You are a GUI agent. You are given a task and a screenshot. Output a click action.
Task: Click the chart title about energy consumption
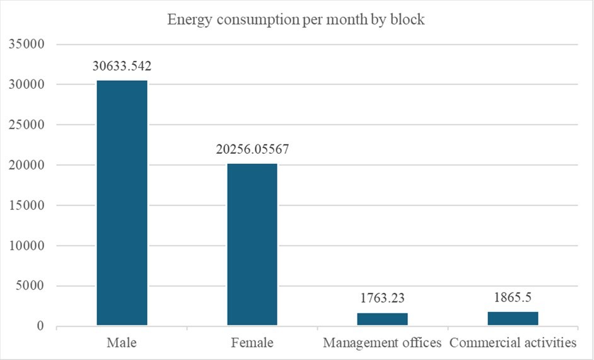pyautogui.click(x=296, y=20)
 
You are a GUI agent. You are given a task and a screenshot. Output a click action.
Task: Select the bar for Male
pyautogui.click(x=122, y=203)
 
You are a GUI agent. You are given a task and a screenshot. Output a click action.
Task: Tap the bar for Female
pyautogui.click(x=252, y=245)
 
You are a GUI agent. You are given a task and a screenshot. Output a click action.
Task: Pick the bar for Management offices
pyautogui.click(x=382, y=319)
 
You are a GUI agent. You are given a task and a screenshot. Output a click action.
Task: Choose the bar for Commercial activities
pyautogui.click(x=513, y=318)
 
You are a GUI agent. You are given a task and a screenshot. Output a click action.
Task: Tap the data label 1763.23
pyautogui.click(x=382, y=299)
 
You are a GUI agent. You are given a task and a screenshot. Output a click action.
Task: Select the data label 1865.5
pyautogui.click(x=513, y=298)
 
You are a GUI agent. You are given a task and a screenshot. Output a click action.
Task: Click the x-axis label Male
pyautogui.click(x=122, y=344)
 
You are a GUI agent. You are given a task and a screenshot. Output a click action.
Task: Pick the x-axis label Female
pyautogui.click(x=252, y=344)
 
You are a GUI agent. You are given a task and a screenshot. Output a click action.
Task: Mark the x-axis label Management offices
pyautogui.click(x=382, y=344)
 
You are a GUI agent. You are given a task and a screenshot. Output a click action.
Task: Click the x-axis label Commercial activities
pyautogui.click(x=513, y=344)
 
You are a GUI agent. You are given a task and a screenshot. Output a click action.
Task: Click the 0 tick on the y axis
pyautogui.click(x=39, y=327)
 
